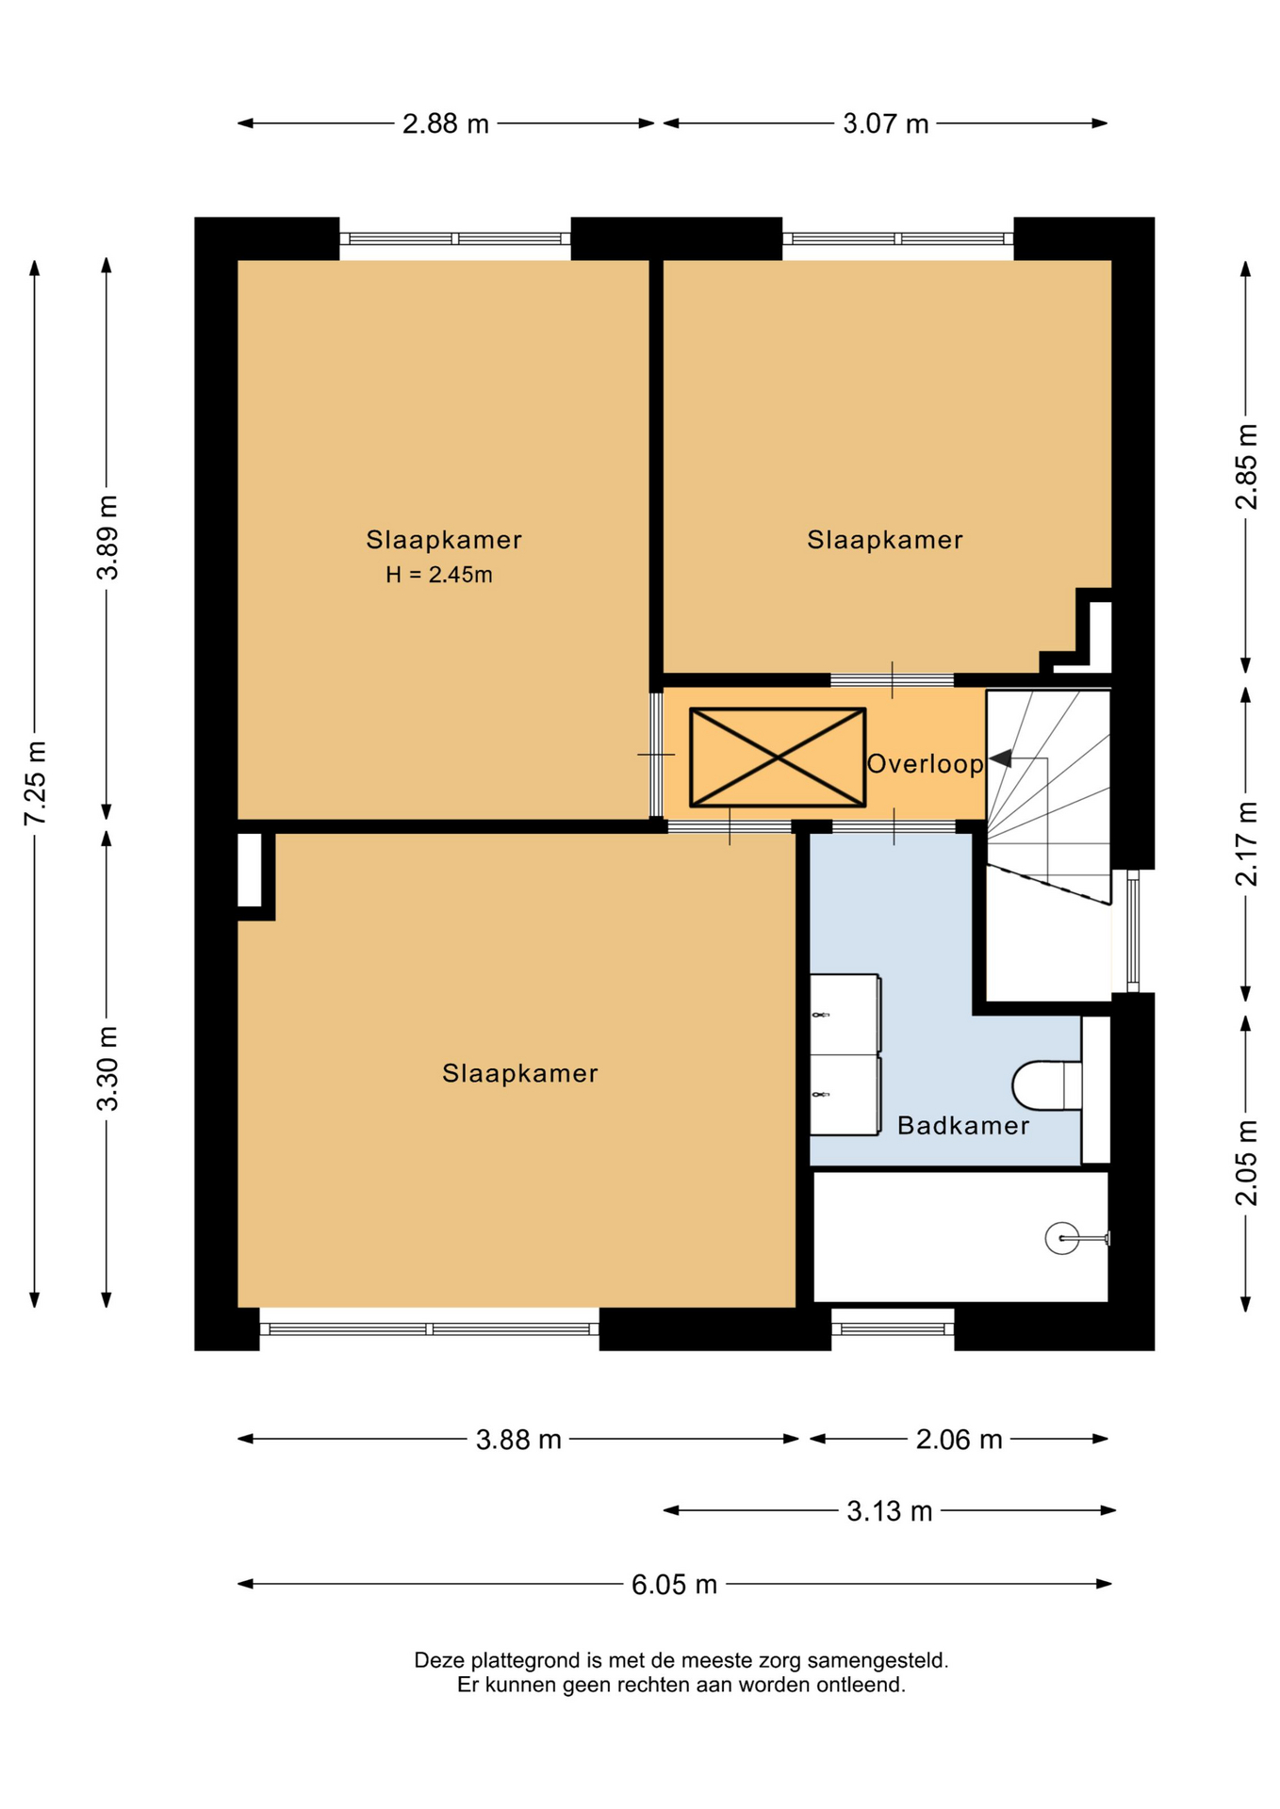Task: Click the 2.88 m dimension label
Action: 445,123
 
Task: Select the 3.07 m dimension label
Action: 885,123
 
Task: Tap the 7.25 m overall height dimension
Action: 35,783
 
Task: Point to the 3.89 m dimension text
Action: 107,537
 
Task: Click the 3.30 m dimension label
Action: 107,1068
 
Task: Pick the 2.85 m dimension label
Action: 1246,466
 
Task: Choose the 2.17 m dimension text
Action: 1246,843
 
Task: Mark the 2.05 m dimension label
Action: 1246,1163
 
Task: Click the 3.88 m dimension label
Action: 518,1440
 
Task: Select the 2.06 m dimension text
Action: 959,1440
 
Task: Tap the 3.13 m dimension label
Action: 889,1511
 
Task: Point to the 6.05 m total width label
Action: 674,1585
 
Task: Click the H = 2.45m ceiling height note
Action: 439,575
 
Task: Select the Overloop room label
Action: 925,763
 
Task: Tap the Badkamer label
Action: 962,1125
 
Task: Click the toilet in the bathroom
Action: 1047,1085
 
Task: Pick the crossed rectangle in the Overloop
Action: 778,758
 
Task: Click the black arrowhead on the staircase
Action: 1000,758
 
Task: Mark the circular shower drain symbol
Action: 1062,1238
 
